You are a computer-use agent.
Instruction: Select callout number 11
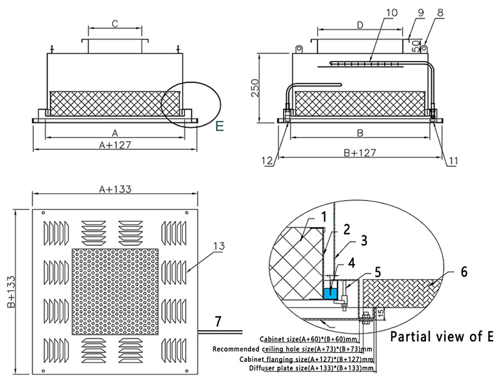[452, 161]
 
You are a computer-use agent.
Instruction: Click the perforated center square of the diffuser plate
[115, 291]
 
